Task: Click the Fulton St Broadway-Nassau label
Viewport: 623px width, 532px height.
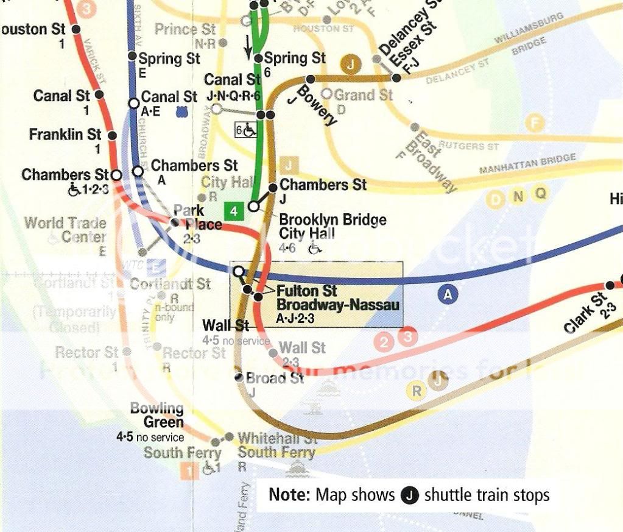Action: click(337, 297)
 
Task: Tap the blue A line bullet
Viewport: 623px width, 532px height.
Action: click(448, 295)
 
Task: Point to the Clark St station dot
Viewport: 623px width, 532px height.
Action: click(610, 285)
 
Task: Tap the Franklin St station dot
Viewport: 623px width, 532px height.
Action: click(113, 135)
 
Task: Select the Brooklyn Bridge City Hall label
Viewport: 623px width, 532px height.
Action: click(332, 226)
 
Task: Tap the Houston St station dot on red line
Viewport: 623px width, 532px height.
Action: click(76, 29)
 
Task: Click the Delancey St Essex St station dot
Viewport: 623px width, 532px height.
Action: click(396, 77)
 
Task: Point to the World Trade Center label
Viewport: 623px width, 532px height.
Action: click(65, 230)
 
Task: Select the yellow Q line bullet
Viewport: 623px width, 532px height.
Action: click(539, 194)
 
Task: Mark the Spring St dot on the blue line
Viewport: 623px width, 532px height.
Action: click(132, 56)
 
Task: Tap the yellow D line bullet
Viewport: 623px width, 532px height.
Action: click(497, 199)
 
